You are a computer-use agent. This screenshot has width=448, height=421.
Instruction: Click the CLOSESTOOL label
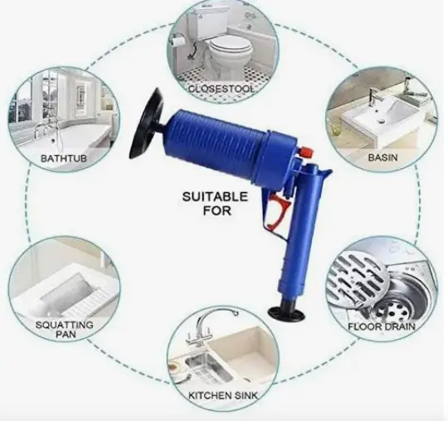pos(222,89)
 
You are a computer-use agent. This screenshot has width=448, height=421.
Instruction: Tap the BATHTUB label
pos(63,158)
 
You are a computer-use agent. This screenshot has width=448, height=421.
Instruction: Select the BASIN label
pos(382,157)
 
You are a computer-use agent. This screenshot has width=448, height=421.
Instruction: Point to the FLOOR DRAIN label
pos(381,327)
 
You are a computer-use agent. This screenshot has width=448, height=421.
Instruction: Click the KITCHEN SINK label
pos(223,395)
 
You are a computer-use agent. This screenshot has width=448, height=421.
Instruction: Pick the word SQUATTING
pos(65,325)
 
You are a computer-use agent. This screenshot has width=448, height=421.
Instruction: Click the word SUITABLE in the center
pos(215,196)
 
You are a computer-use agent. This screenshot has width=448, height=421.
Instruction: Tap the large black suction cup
pos(146,123)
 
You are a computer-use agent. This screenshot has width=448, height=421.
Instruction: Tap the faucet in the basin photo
pos(372,96)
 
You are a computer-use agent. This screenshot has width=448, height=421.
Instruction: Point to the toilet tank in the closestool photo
pos(204,23)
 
